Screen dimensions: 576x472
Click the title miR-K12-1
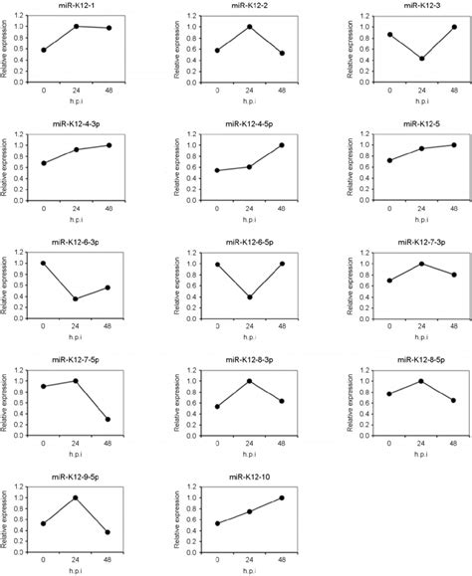coord(82,7)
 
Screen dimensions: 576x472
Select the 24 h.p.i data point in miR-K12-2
coord(248,26)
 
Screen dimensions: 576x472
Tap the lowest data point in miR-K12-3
coord(421,59)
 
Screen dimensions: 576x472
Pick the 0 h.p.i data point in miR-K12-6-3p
coord(43,263)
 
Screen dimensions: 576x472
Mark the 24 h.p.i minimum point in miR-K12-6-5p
coord(248,297)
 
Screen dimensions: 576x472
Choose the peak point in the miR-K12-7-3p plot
coord(421,264)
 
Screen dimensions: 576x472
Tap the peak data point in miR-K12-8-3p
coord(248,381)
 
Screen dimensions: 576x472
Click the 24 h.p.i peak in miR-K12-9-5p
coord(77,498)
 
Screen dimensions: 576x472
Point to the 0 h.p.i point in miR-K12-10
coord(215,523)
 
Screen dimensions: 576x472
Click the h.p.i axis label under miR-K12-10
coord(249,570)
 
